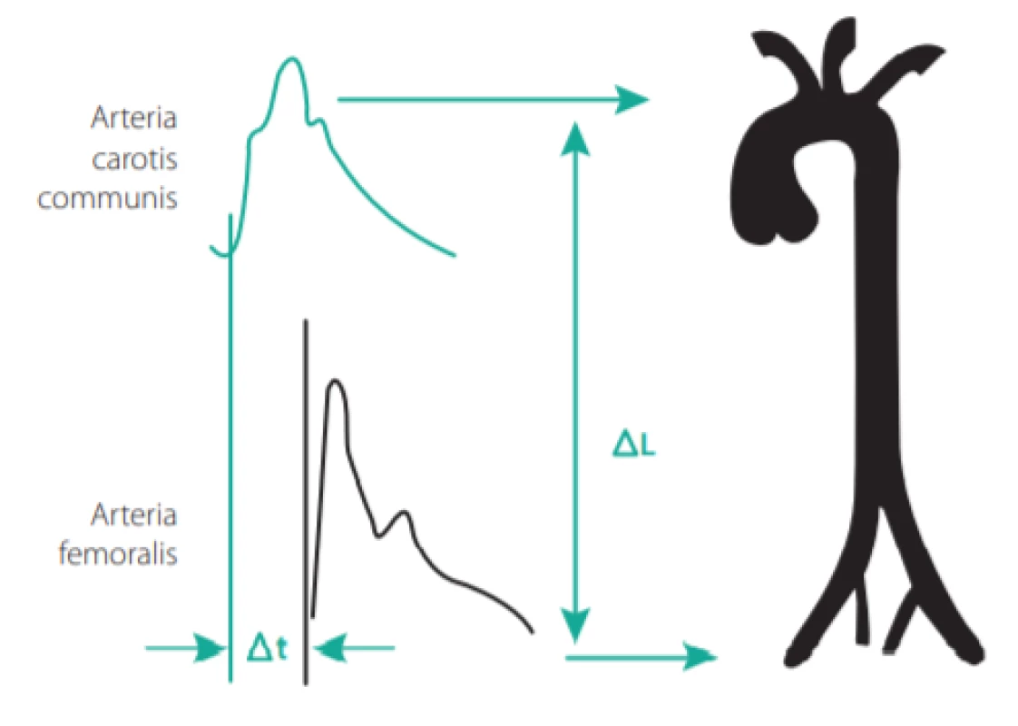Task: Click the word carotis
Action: point(134,159)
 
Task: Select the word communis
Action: point(108,198)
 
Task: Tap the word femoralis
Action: point(118,554)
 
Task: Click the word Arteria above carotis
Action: point(134,118)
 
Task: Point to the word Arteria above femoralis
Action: point(133,515)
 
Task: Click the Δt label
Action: point(267,647)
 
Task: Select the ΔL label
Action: point(634,445)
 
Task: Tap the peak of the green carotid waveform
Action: point(291,59)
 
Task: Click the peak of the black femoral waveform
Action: point(335,380)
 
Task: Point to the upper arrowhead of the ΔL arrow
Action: point(574,138)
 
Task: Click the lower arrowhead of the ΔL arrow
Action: point(574,624)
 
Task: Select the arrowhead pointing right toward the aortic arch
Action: point(631,99)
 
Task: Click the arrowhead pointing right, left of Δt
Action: point(210,647)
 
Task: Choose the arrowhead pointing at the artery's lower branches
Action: point(700,657)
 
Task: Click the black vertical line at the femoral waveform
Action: point(306,502)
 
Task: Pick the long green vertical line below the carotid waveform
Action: point(230,448)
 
